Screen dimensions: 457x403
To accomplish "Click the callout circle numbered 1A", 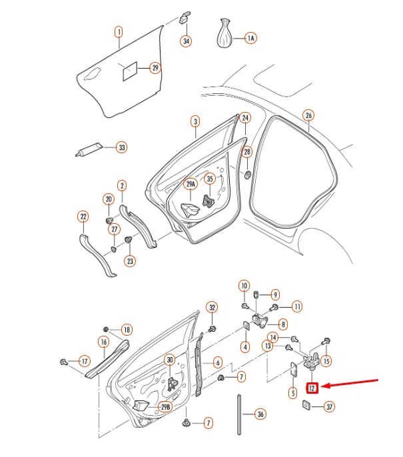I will tap(250, 39).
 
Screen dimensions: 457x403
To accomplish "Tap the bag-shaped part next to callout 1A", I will tap(225, 34).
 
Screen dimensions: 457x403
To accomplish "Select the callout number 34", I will tap(186, 41).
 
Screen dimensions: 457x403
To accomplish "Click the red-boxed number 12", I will tap(313, 387).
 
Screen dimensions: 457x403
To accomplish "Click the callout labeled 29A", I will tap(191, 184).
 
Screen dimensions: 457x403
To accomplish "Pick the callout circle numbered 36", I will tap(260, 414).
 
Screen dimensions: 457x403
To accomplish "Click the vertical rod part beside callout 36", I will tap(238, 414).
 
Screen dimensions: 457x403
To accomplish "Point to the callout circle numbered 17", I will tap(85, 362).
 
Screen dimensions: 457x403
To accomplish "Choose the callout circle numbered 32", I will tap(212, 307).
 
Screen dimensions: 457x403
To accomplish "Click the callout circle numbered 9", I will tap(275, 294).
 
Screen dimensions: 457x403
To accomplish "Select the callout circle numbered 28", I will tap(247, 153).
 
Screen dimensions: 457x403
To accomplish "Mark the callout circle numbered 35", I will tap(210, 179).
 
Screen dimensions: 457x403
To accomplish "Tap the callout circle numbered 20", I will tap(109, 199).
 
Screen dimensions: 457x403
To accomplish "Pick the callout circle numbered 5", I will tap(292, 392).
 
